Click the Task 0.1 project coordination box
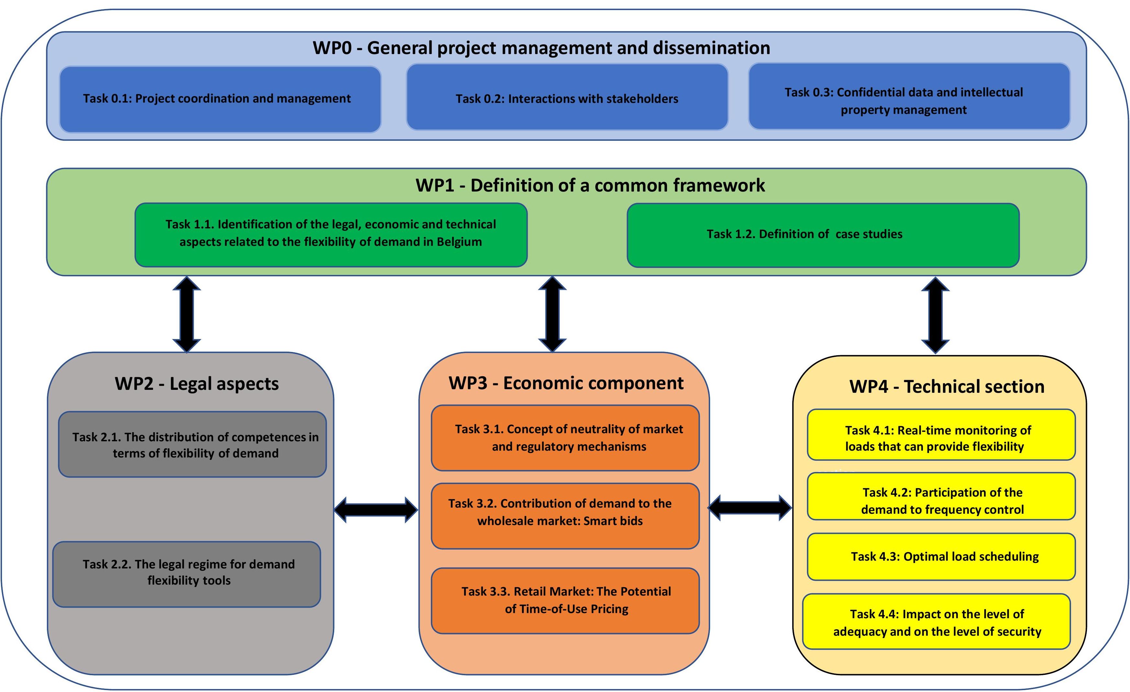[x=220, y=99]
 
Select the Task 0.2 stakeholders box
[x=567, y=97]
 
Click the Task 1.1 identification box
[x=331, y=234]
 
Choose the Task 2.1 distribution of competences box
[x=192, y=445]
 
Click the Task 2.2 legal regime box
[x=187, y=574]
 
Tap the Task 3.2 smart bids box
[x=565, y=516]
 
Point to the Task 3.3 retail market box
[x=565, y=601]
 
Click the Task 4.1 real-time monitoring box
[x=941, y=435]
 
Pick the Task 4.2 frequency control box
[x=941, y=496]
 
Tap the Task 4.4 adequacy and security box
[x=937, y=621]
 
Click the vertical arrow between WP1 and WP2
[x=187, y=314]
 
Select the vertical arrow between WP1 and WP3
[x=552, y=314]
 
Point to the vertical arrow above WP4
[x=935, y=315]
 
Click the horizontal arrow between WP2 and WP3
[x=376, y=510]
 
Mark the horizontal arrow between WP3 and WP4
[x=750, y=508]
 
